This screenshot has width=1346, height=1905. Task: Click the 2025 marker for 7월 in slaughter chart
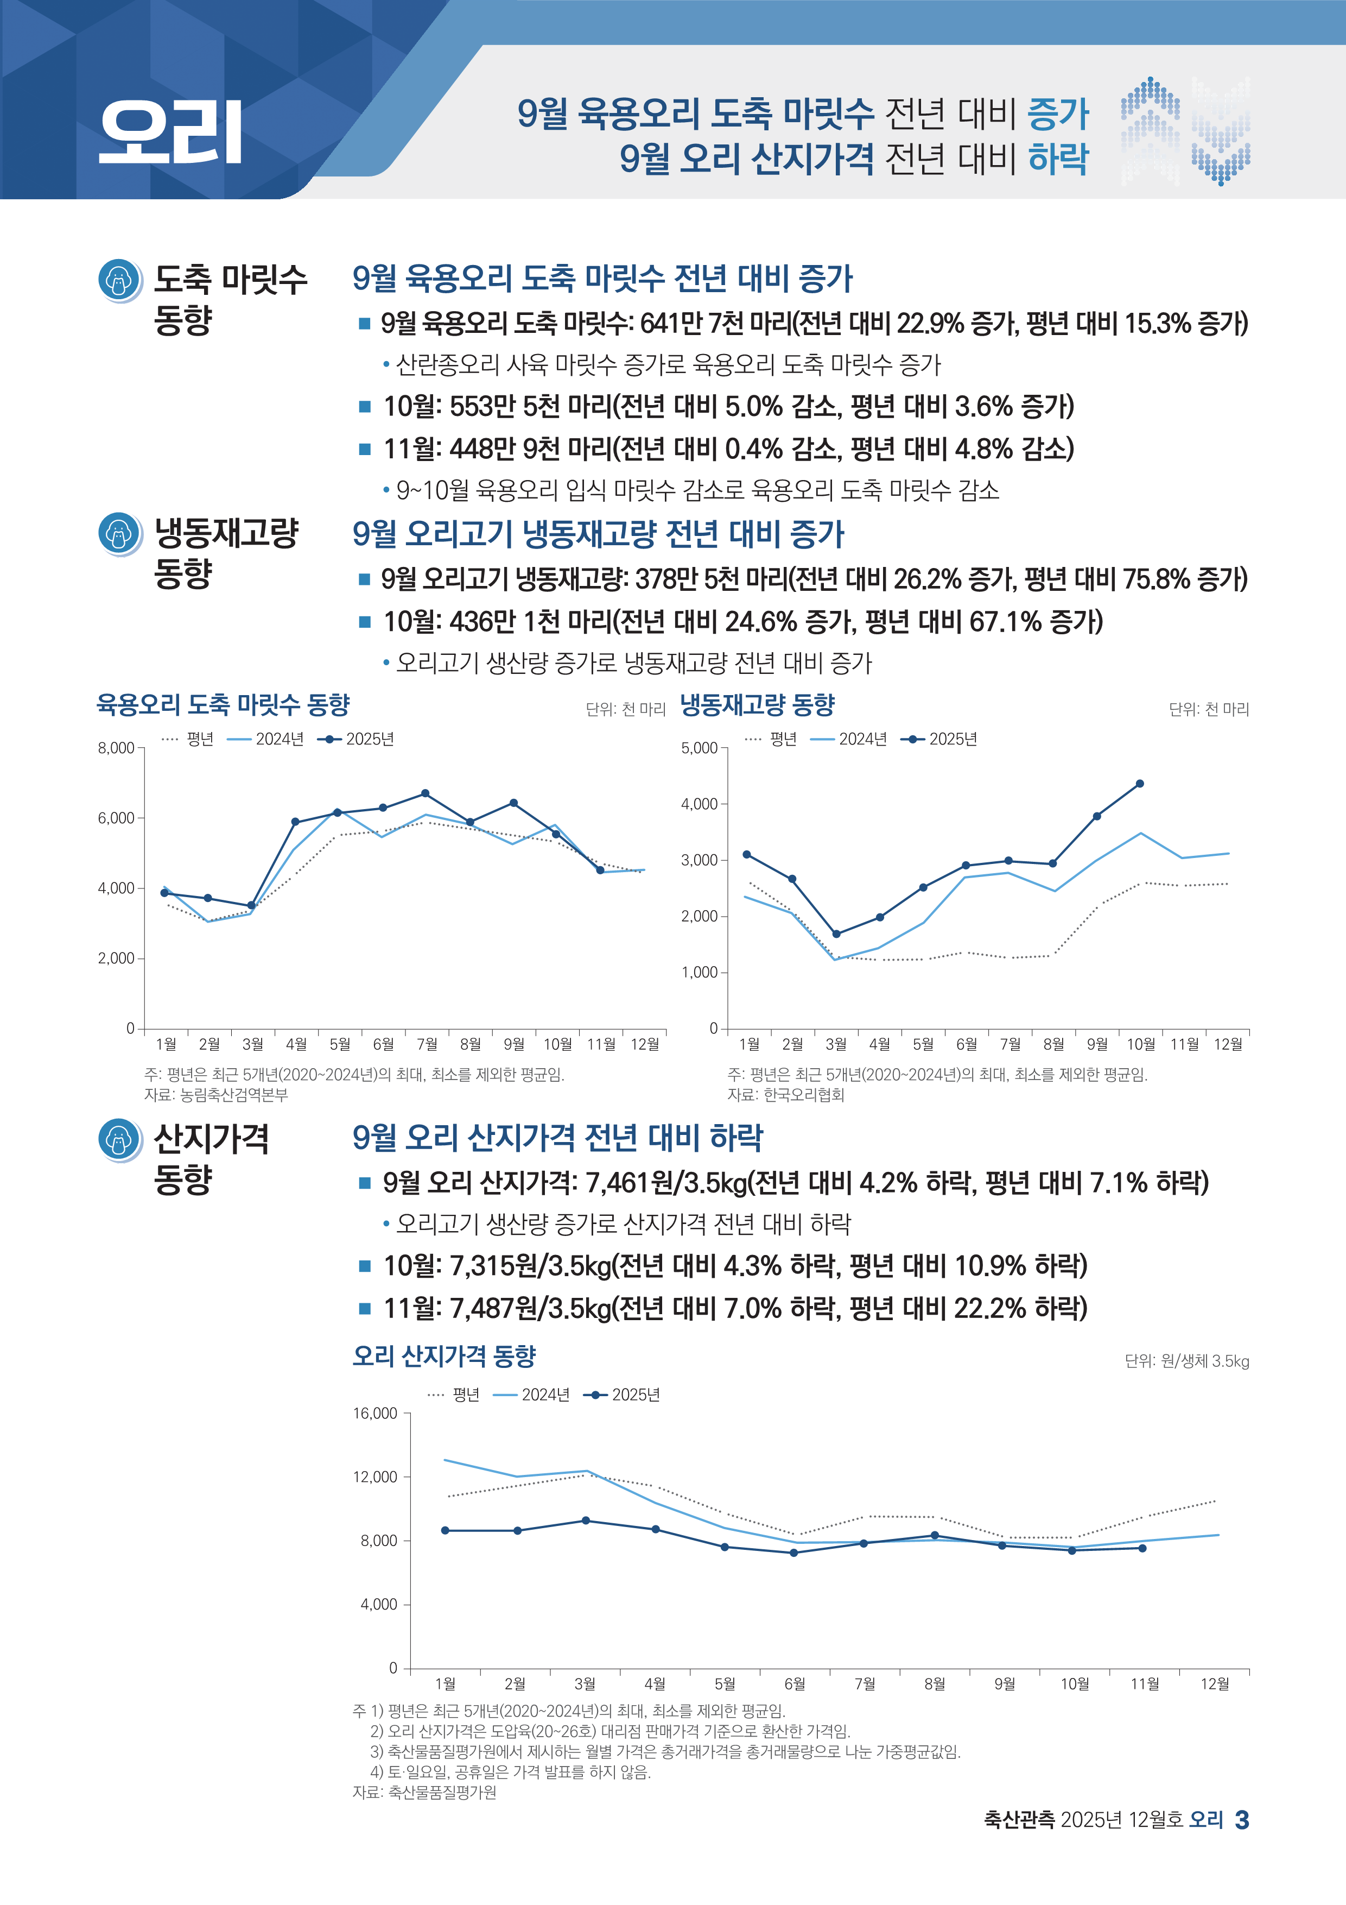pyautogui.click(x=426, y=793)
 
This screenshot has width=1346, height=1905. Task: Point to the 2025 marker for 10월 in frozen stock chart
pyautogui.click(x=1140, y=783)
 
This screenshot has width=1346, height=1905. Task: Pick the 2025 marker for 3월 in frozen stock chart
pyautogui.click(x=836, y=934)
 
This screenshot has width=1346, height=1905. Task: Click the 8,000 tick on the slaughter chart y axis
pyautogui.click(x=116, y=748)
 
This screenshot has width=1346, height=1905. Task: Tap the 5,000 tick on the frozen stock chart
pyautogui.click(x=699, y=748)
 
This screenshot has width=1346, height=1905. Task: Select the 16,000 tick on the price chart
pyautogui.click(x=376, y=1414)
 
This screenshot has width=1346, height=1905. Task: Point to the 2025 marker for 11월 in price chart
pyautogui.click(x=1142, y=1548)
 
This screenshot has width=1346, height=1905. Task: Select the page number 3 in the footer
pyautogui.click(x=1241, y=1820)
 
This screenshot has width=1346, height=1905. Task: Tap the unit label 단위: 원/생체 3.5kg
pyautogui.click(x=1186, y=1361)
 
